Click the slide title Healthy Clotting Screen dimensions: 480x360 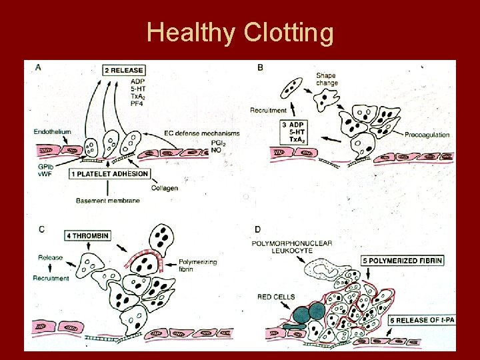(240, 32)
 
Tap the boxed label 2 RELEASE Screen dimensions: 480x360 (125, 69)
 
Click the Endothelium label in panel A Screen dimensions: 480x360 (53, 132)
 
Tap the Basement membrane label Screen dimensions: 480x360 (105, 201)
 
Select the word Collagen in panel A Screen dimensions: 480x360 (164, 188)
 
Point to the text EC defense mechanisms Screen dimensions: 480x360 (201, 133)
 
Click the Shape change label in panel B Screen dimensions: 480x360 (327, 79)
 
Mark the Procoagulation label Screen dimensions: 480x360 (427, 135)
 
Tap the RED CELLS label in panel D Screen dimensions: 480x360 (274, 297)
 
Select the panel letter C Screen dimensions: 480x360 (41, 229)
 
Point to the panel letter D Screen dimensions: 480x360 (258, 230)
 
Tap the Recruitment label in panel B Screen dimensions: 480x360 (269, 110)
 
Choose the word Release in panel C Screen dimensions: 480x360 (51, 257)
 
